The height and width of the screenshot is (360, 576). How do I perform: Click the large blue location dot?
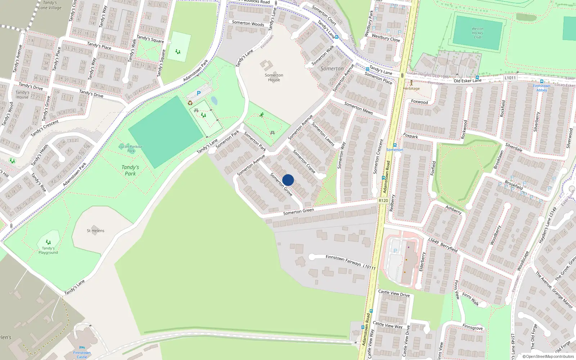pos(288,180)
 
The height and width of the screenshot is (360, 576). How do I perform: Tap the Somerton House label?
pos(274,77)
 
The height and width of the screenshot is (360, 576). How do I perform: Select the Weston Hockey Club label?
pos(477,33)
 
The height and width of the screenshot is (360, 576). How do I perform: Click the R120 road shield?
pos(383,201)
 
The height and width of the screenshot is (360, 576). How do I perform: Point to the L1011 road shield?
pos(510,78)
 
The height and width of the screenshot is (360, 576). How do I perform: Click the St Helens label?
pos(95,230)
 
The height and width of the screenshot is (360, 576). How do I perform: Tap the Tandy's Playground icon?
pos(48,242)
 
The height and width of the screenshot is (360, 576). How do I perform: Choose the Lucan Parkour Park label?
pos(131,148)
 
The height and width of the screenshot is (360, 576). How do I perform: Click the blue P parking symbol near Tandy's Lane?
pos(199,93)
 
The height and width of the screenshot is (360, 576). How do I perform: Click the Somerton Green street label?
pos(298,212)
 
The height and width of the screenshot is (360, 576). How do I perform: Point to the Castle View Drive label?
pos(394,293)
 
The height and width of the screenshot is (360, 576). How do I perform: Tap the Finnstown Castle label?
pos(82,355)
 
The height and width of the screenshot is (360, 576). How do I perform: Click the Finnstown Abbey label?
pos(541,88)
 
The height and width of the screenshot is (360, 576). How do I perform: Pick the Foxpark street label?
pos(410,136)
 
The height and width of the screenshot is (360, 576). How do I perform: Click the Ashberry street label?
pos(453,210)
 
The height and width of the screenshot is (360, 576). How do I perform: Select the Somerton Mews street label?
pos(359,108)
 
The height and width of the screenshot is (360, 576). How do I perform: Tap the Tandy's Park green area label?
pos(130,170)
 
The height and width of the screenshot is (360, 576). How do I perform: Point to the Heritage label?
pos(411,88)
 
